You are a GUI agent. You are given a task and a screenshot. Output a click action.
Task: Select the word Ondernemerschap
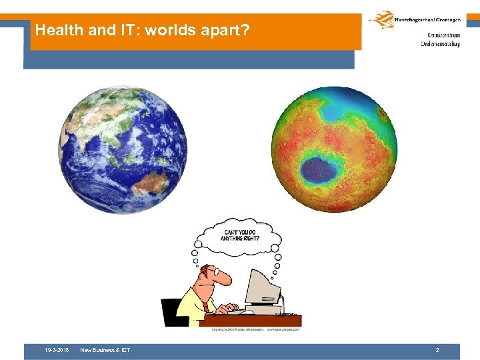[x=440, y=44]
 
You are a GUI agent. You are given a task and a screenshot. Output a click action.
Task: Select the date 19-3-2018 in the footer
[x=57, y=350]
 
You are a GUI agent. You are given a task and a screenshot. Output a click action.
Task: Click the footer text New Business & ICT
[x=105, y=350]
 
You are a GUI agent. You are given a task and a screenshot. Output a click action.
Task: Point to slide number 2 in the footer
[x=437, y=350]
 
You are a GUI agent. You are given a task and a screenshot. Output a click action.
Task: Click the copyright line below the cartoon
[x=256, y=329]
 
